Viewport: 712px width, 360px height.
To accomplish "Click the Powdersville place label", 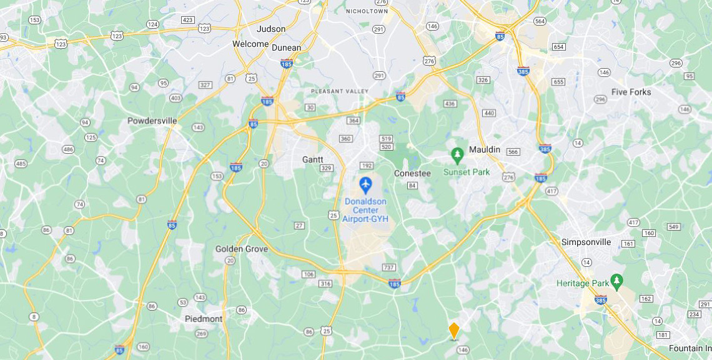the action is [x=152, y=121].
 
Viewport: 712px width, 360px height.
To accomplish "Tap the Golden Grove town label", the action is [x=242, y=249].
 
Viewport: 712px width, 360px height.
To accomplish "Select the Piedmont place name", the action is [x=204, y=319].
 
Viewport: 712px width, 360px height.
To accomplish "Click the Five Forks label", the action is [x=631, y=92].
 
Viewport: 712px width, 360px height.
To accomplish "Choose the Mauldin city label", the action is [x=485, y=149].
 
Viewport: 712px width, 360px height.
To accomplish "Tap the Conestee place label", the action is [x=412, y=173].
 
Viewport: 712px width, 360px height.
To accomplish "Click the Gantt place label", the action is [x=313, y=159].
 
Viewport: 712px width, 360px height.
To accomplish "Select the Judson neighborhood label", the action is [x=271, y=29].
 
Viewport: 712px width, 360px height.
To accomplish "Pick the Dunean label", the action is [x=286, y=47].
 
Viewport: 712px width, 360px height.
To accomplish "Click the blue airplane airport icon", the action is [x=365, y=185].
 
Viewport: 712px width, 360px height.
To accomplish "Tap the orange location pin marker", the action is [x=454, y=331].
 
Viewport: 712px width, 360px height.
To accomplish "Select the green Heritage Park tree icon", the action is [x=617, y=279].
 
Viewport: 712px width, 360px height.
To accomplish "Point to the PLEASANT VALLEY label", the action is [x=340, y=91].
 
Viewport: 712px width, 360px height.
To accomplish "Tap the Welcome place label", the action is [x=250, y=44].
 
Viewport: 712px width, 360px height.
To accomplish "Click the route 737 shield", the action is [x=388, y=267].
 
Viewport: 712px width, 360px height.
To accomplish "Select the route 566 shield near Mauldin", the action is [x=513, y=152].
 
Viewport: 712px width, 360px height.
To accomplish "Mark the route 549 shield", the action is [x=673, y=226].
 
